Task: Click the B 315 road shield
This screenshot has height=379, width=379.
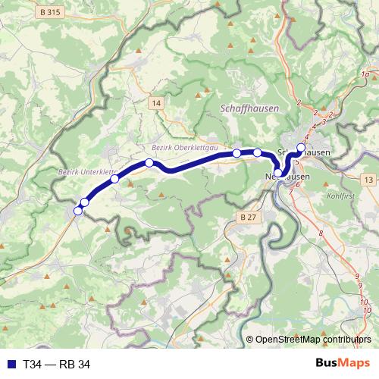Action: click(x=49, y=13)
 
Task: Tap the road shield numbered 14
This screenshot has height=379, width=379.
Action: click(x=156, y=102)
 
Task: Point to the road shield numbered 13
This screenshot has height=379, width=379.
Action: click(x=368, y=179)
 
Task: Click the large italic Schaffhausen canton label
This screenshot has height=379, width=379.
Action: click(x=249, y=109)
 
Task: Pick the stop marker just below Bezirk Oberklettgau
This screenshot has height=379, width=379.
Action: click(x=149, y=163)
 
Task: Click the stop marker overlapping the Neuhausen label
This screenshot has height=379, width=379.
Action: click(x=278, y=174)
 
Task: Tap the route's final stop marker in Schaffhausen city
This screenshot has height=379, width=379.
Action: click(x=301, y=148)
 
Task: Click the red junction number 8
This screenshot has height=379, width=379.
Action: click(x=321, y=232)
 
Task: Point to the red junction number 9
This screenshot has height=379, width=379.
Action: click(x=357, y=276)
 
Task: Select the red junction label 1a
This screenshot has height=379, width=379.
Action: click(x=365, y=74)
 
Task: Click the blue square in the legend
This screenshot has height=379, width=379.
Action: click(x=10, y=365)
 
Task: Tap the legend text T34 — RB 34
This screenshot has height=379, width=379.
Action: click(x=57, y=365)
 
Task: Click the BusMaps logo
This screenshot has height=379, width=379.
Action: click(x=343, y=364)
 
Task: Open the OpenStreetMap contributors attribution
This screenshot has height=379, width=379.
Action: click(x=313, y=340)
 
